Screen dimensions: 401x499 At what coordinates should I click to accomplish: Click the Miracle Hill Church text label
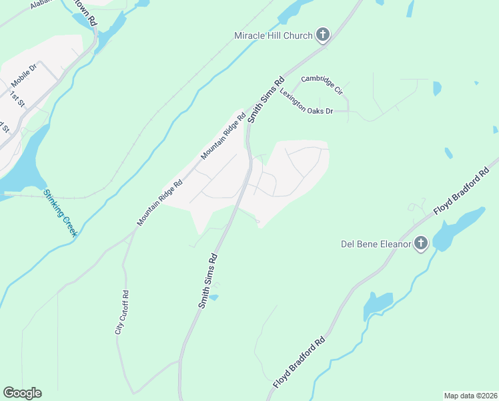(273, 35)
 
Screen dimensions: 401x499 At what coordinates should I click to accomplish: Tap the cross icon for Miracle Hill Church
(323, 34)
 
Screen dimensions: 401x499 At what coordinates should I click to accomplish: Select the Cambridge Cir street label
(321, 84)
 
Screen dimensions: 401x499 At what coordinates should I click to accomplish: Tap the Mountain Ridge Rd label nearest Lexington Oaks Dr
(223, 136)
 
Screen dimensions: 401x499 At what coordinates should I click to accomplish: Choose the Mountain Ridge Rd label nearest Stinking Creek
(159, 203)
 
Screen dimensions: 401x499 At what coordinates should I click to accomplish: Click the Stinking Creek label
(61, 213)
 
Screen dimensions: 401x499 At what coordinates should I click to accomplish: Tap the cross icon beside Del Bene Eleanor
(421, 243)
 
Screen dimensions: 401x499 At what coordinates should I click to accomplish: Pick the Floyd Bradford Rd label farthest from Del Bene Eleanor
(300, 362)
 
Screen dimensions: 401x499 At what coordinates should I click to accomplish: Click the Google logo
(22, 393)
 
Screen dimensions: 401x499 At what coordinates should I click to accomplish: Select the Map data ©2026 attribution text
(470, 396)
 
